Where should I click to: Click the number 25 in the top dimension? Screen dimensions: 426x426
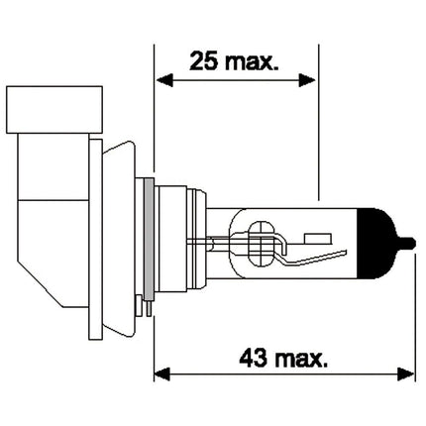204,60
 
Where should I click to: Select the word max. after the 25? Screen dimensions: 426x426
252,62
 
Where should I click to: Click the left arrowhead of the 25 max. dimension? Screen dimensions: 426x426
164,80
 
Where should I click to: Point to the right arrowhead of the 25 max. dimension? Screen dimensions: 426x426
307,80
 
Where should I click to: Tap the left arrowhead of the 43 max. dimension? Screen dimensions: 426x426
161,374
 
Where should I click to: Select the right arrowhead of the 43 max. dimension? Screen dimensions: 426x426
405,374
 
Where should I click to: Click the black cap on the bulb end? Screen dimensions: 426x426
376,244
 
